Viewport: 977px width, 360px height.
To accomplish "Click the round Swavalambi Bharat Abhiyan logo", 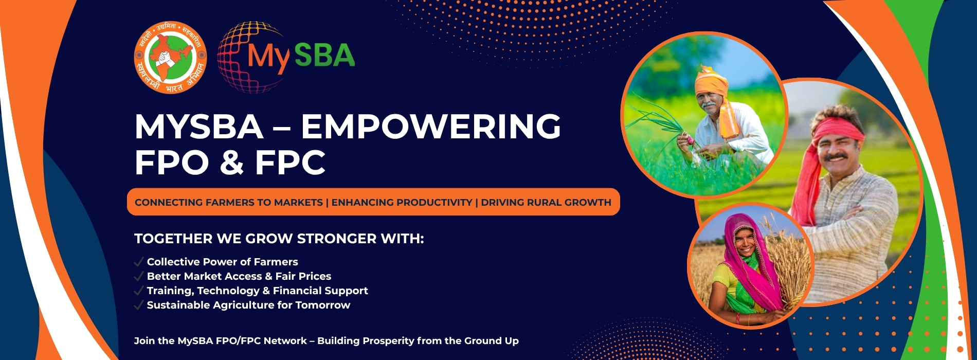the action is pyautogui.click(x=170, y=57).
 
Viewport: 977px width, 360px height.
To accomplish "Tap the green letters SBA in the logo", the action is pyautogui.click(x=324, y=55).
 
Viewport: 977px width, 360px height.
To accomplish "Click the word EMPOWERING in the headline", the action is pyautogui.click(x=431, y=127).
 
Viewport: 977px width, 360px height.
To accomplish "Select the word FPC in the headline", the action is pyautogui.click(x=290, y=163).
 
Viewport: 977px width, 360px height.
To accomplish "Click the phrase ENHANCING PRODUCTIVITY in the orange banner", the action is pyautogui.click(x=402, y=202).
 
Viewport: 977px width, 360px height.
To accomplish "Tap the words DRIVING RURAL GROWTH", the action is pyautogui.click(x=546, y=202).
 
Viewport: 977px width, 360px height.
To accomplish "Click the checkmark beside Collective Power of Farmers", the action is pyautogui.click(x=138, y=262).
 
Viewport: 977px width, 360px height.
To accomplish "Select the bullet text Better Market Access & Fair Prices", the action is pyautogui.click(x=239, y=276).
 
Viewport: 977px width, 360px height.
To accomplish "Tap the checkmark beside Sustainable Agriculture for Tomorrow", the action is pyautogui.click(x=138, y=305).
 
